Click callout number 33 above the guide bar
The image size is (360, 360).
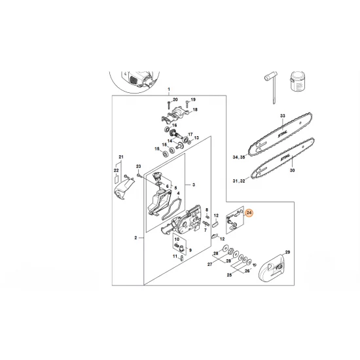click(283, 116)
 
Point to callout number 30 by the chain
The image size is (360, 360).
click(293, 170)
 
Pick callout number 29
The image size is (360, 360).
click(287, 252)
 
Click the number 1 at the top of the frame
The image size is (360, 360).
click(168, 89)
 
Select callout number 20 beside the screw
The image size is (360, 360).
click(175, 99)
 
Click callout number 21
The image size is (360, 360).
click(120, 156)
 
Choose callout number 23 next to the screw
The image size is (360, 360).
click(139, 167)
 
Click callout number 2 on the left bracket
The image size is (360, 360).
click(135, 239)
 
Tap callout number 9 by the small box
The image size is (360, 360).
click(190, 249)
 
